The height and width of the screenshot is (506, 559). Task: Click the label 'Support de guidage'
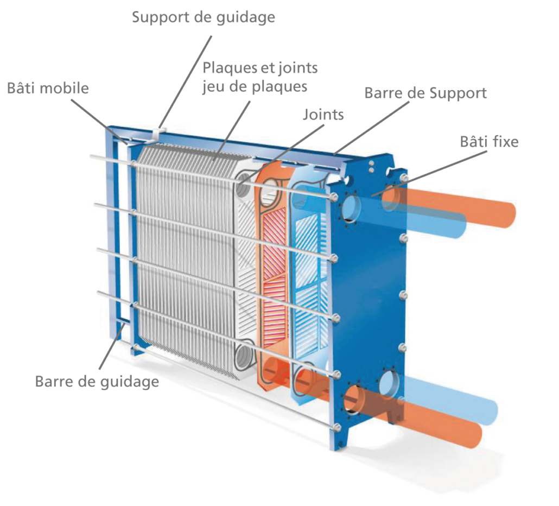(x=204, y=17)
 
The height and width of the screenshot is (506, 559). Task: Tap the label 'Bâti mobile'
(x=48, y=88)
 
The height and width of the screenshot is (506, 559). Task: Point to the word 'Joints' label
(x=323, y=115)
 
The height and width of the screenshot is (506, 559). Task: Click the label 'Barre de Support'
(x=425, y=93)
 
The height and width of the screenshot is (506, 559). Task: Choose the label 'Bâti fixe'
(x=489, y=142)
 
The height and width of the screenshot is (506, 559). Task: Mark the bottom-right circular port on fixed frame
(x=391, y=383)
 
